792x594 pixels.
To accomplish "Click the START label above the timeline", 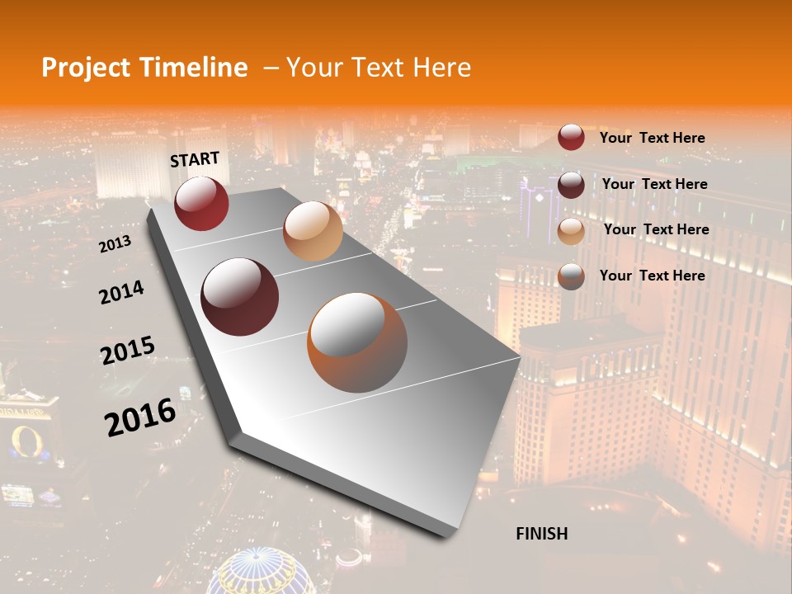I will (195, 159).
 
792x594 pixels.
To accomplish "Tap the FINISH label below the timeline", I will (541, 534).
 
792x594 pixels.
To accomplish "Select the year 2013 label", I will (115, 244).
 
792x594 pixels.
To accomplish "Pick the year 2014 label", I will (121, 292).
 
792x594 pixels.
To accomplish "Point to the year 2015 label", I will (127, 350).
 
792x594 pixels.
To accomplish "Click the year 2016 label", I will (140, 417).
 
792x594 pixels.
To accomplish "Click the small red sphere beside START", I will (201, 203).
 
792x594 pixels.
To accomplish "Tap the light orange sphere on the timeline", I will (313, 231).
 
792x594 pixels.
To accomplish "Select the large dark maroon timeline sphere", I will (240, 297).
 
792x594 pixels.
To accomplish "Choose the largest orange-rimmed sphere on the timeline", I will (357, 342).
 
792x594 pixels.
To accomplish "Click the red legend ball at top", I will (571, 138).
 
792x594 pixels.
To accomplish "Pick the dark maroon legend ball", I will (571, 185).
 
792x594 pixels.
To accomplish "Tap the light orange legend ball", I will (571, 230).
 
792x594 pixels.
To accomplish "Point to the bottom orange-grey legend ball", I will (571, 276).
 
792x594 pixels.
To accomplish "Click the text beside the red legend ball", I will (652, 138).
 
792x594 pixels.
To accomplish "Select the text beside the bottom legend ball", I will (652, 276).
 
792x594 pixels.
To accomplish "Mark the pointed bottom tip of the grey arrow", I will (449, 535).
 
